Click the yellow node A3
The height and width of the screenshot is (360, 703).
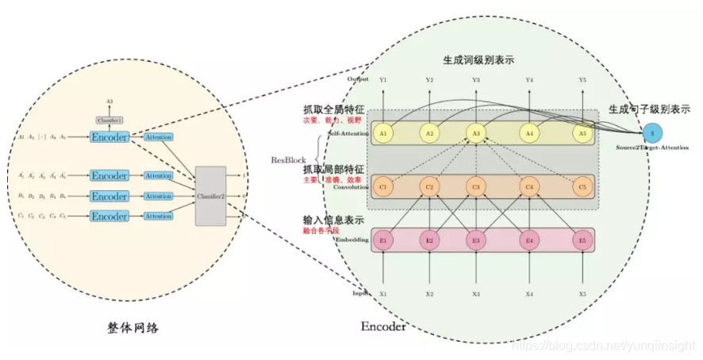pyautogui.click(x=476, y=133)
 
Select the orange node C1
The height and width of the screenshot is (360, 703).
pyautogui.click(x=384, y=188)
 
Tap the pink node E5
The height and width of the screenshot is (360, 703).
pyautogui.click(x=583, y=240)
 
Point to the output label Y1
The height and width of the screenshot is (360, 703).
pyautogui.click(x=384, y=80)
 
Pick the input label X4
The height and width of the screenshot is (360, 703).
pyautogui.click(x=529, y=294)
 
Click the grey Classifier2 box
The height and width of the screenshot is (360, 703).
pyautogui.click(x=211, y=194)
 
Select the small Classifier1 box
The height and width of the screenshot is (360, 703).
pyautogui.click(x=109, y=120)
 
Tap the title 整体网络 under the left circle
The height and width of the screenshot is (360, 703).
pyautogui.click(x=129, y=327)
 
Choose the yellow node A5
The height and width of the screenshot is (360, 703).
pyautogui.click(x=583, y=133)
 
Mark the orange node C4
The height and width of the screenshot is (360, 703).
pyautogui.click(x=529, y=188)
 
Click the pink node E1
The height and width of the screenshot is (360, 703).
pyautogui.click(x=384, y=240)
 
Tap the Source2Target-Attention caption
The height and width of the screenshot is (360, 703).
pyautogui.click(x=651, y=149)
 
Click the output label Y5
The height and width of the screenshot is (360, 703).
pyautogui.click(x=583, y=80)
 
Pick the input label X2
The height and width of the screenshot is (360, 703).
pyautogui.click(x=429, y=294)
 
